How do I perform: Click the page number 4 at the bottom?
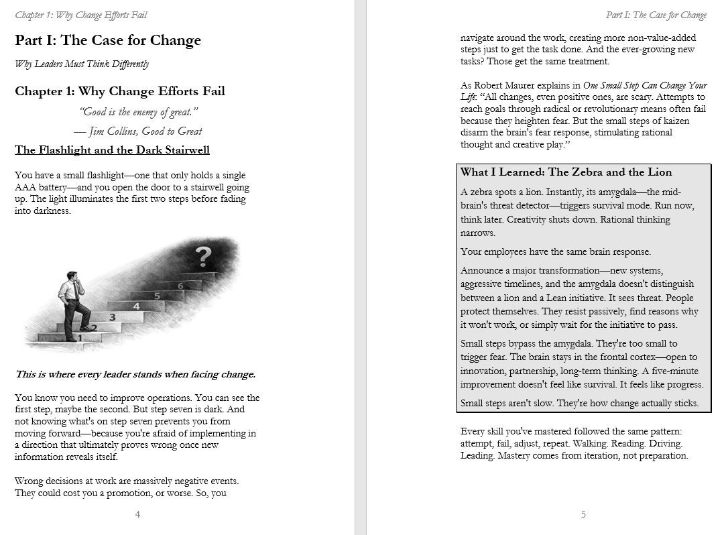point(137,514)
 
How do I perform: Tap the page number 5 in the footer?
point(583,514)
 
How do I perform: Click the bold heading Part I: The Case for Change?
point(108,40)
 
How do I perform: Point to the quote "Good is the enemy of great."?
point(139,112)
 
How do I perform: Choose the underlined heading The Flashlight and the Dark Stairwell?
point(112,150)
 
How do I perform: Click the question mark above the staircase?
point(203,255)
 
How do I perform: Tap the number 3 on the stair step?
point(112,317)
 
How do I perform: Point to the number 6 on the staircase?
point(180,286)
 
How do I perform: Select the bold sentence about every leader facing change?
point(135,374)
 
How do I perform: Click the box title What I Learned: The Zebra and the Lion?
point(566,172)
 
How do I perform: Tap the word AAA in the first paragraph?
point(25,187)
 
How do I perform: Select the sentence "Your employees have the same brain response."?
point(556,252)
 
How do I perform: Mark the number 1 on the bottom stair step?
point(80,339)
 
